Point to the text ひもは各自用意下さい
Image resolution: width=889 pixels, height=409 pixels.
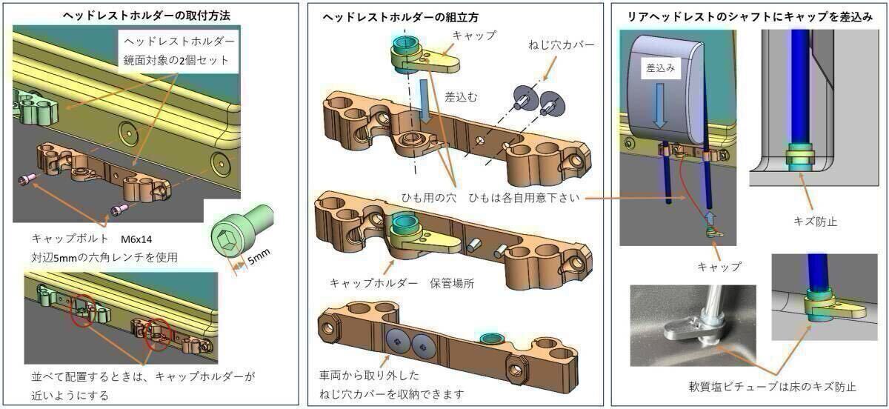(x=527, y=199)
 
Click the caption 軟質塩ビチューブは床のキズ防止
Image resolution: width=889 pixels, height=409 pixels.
(x=772, y=386)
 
